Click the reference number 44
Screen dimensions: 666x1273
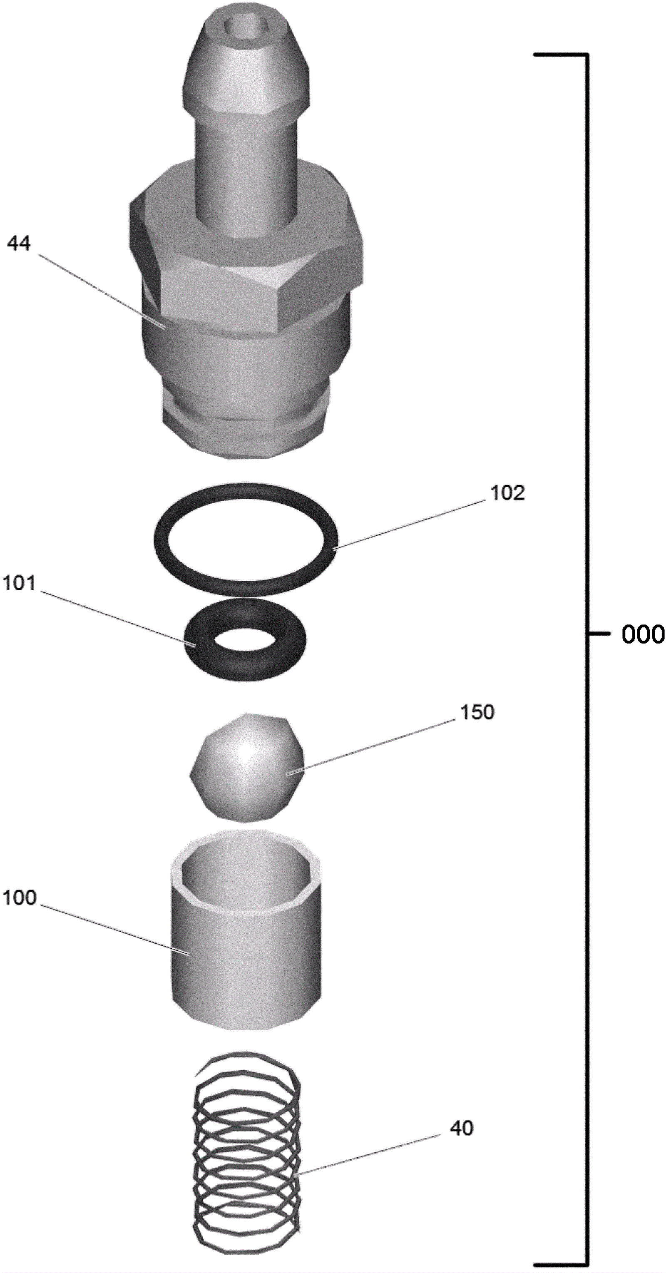(19, 244)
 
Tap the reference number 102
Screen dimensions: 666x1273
(507, 493)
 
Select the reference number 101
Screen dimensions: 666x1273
(19, 583)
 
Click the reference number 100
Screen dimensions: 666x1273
(20, 898)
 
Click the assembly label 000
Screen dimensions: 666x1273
(643, 634)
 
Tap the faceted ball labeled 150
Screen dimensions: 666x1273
(247, 768)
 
